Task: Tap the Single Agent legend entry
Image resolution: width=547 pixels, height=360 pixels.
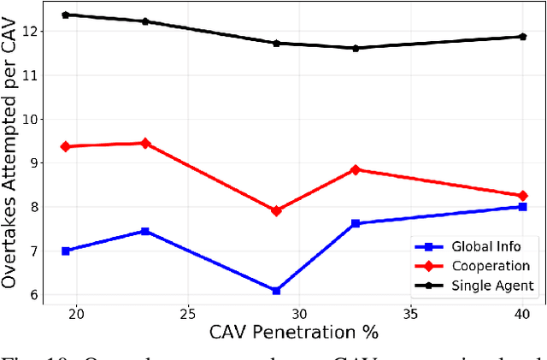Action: click(483, 285)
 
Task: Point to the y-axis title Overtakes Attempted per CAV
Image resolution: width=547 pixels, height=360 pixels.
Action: click(11, 152)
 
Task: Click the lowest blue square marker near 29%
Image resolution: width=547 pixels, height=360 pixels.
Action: click(276, 291)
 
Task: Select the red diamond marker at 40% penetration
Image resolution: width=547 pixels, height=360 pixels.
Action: click(522, 196)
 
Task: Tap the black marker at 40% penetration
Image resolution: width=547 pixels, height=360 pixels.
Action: click(522, 37)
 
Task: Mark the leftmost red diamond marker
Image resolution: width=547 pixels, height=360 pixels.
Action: click(66, 146)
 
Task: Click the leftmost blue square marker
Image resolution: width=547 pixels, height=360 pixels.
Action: click(66, 251)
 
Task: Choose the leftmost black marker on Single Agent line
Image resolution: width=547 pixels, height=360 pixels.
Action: click(66, 15)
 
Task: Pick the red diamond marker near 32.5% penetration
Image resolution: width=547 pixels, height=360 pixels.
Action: click(356, 169)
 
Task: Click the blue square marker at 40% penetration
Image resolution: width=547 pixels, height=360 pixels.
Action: click(522, 207)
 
